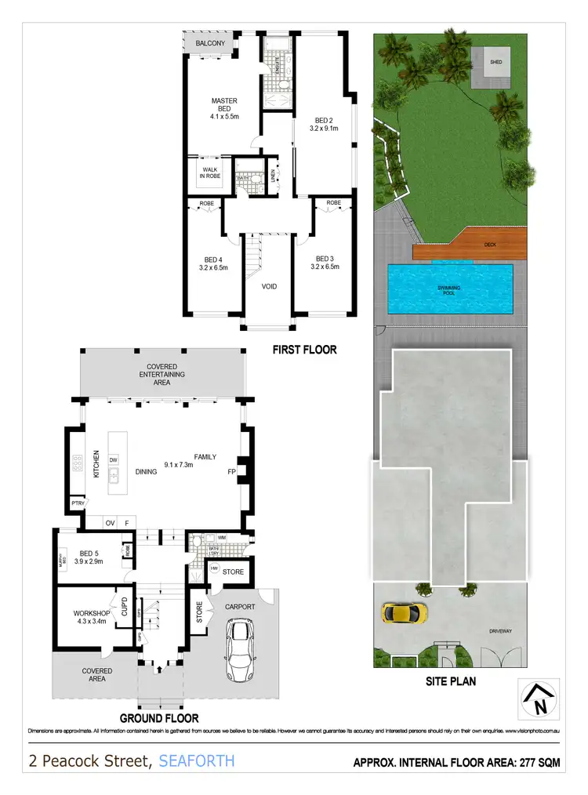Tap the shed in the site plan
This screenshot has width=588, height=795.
tap(495, 62)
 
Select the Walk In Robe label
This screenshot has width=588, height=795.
tap(209, 172)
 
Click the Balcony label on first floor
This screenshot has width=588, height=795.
tap(210, 43)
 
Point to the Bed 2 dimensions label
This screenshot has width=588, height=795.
tap(324, 129)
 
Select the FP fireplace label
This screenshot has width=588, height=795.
tap(231, 472)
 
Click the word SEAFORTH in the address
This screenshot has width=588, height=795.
tap(196, 761)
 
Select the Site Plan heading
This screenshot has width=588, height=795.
tap(450, 681)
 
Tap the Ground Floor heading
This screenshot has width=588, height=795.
tap(158, 717)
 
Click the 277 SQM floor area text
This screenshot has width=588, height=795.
tap(532, 762)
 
